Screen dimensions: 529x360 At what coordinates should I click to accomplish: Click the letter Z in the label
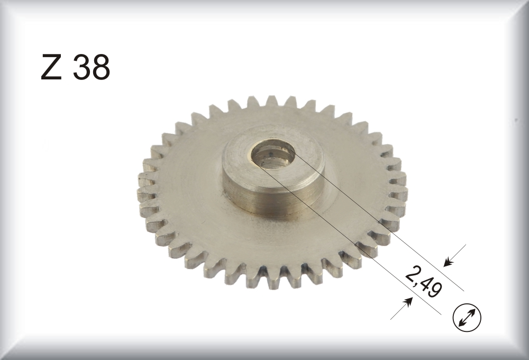[51, 67]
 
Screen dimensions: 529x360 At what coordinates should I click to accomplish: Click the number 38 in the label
[92, 67]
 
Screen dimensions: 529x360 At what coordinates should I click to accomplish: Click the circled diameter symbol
[467, 318]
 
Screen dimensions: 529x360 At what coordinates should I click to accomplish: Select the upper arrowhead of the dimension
[448, 262]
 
